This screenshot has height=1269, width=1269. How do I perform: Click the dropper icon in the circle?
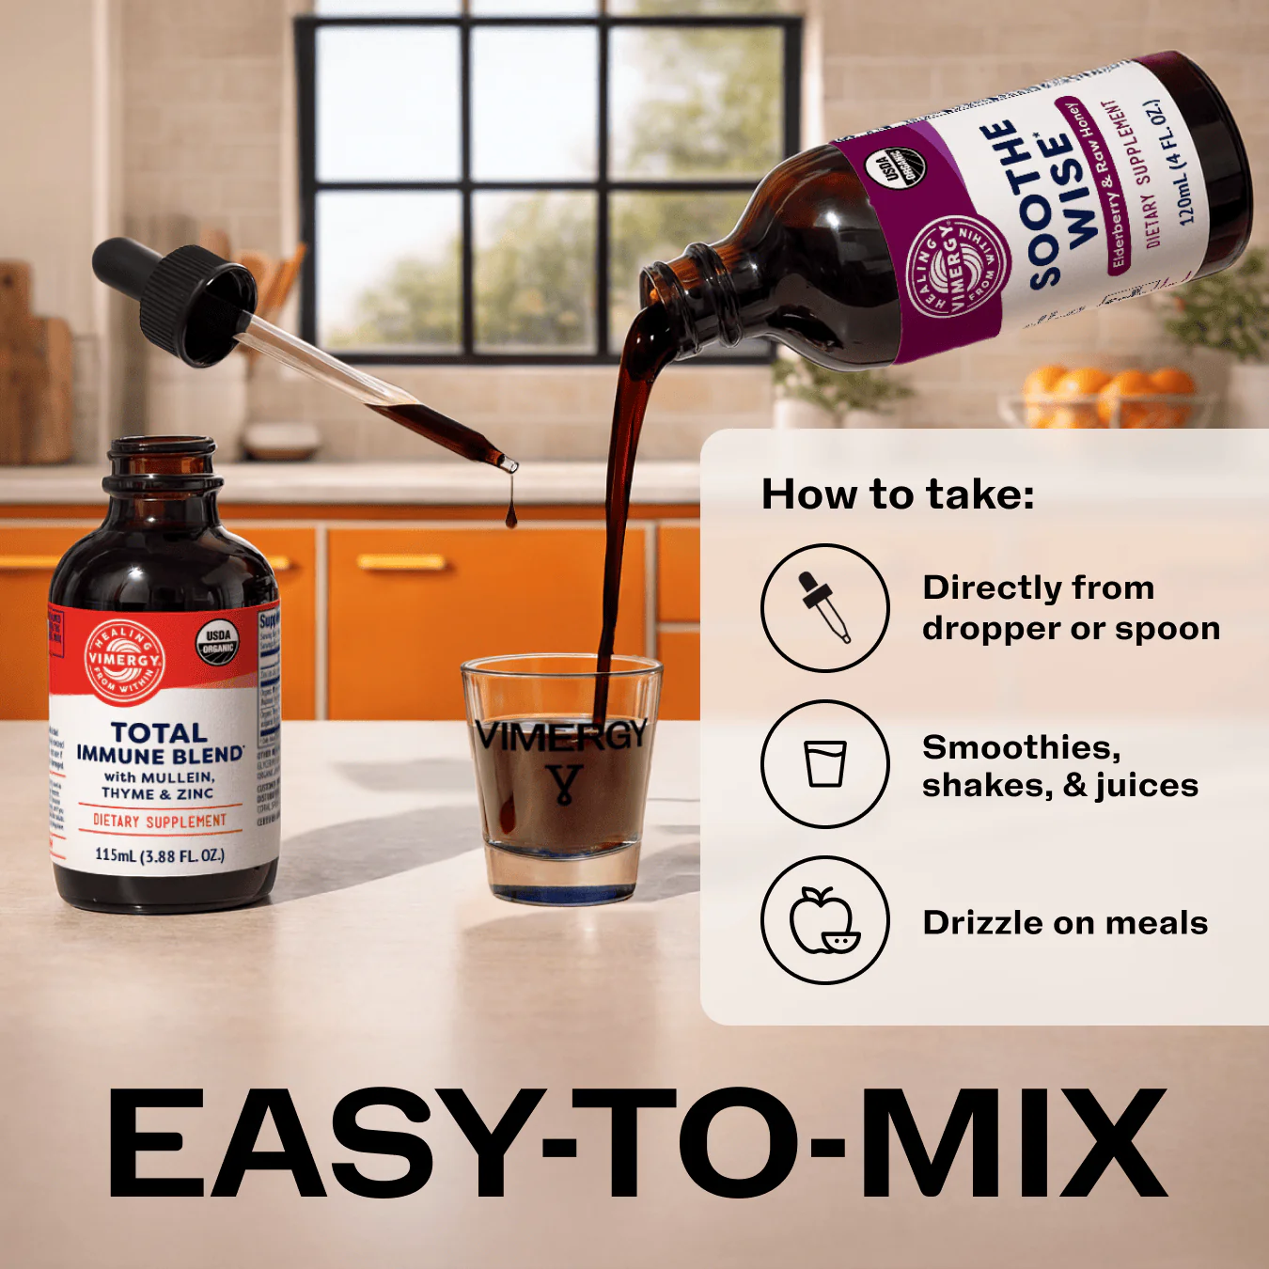(824, 607)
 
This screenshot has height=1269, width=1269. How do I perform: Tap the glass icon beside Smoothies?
(824, 763)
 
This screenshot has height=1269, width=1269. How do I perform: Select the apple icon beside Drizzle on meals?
(824, 920)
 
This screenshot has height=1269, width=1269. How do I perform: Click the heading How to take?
(897, 494)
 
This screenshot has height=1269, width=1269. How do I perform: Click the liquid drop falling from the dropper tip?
(510, 513)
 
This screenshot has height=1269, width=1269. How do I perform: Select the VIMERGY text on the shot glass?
(561, 735)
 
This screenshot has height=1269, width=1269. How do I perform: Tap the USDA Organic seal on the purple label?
(894, 169)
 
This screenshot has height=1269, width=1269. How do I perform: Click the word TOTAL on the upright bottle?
(159, 732)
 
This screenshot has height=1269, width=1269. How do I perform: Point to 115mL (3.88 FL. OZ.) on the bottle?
(160, 855)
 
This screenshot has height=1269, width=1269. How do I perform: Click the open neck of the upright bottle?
(161, 446)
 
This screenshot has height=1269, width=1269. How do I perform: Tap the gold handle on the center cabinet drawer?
(401, 562)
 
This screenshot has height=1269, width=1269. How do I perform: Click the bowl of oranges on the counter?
(1109, 395)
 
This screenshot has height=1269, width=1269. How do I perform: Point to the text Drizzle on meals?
(1064, 922)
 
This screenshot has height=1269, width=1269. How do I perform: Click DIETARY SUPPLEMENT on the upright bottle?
(160, 821)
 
